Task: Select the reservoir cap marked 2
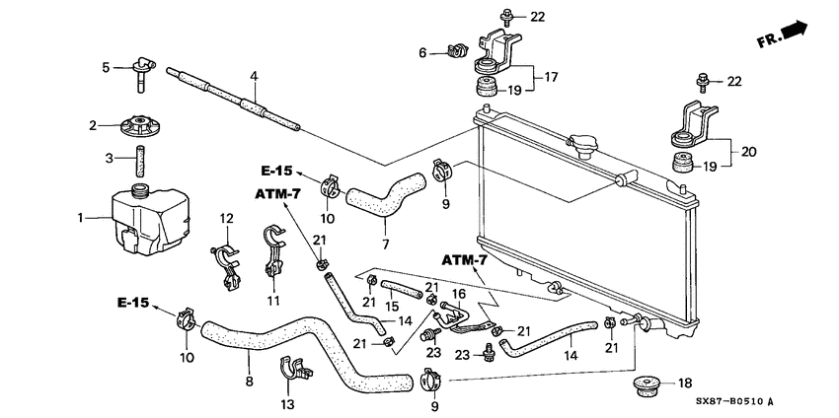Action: point(141,127)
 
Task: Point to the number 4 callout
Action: point(254,76)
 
